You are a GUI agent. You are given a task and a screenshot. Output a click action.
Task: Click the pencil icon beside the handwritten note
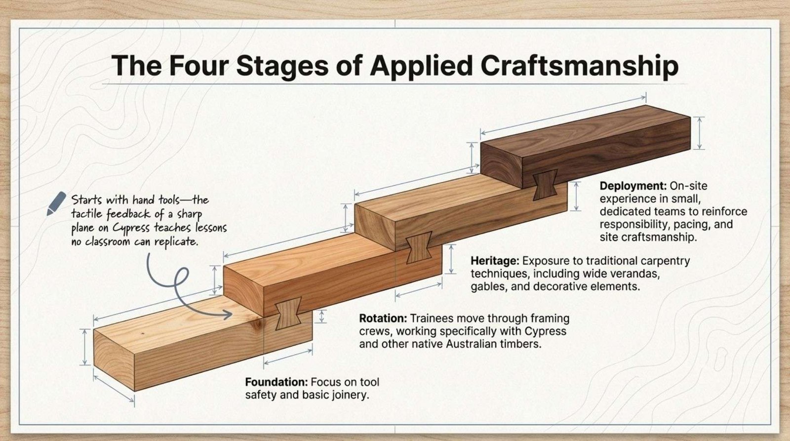tap(56, 203)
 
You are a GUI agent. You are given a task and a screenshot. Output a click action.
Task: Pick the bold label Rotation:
tap(383, 318)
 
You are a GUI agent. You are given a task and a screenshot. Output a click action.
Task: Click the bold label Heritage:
tap(495, 261)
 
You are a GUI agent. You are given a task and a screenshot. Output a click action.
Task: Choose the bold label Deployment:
tap(633, 186)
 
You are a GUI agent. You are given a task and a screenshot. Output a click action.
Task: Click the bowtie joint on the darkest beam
tap(545, 185)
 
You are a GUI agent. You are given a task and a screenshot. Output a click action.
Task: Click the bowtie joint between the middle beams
tap(419, 247)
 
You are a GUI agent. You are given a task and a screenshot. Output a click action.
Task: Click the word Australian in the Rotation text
tap(472, 344)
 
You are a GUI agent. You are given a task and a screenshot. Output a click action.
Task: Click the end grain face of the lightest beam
tap(114, 360)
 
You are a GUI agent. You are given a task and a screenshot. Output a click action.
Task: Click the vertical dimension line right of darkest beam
tap(700, 133)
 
